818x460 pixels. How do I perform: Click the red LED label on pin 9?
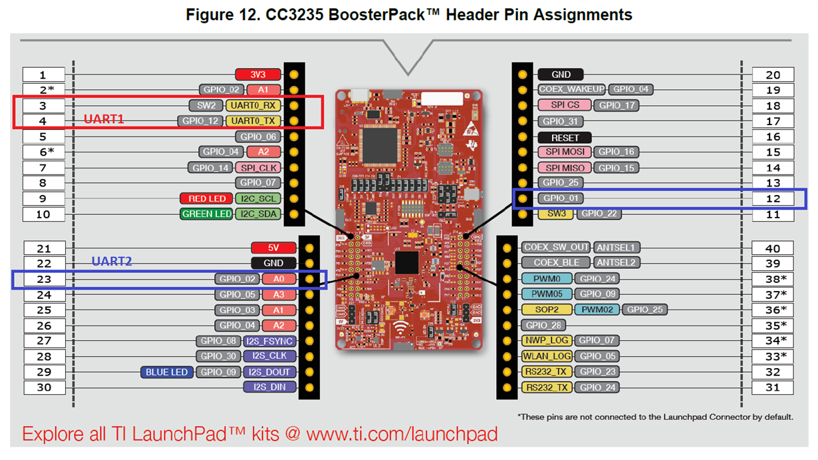click(x=206, y=198)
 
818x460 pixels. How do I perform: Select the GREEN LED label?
click(x=206, y=214)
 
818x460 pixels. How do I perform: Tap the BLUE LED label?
click(x=166, y=372)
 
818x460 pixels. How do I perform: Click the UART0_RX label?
click(x=253, y=105)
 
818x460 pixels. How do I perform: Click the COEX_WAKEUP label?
click(x=572, y=89)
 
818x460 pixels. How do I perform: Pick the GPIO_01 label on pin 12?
click(x=562, y=198)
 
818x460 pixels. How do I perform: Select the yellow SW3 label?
click(x=555, y=214)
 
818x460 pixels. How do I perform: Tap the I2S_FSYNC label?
click(x=269, y=341)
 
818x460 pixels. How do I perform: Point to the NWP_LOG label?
click(x=547, y=341)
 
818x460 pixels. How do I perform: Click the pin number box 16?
click(x=773, y=137)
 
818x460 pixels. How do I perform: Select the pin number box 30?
click(x=44, y=387)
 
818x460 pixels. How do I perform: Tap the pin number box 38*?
click(x=773, y=279)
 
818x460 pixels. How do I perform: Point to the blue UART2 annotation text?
click(x=112, y=262)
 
